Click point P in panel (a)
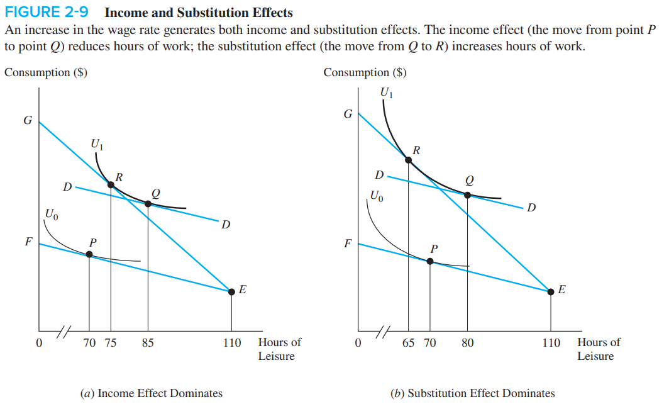click(89, 254)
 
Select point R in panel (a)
click(111, 184)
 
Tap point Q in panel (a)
click(148, 203)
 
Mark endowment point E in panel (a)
click(232, 291)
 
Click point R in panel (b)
click(409, 160)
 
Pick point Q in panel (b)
click(467, 194)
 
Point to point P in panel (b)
click(430, 261)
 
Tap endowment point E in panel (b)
click(551, 291)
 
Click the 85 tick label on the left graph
click(148, 344)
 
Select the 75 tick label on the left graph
click(110, 344)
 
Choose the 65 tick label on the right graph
click(409, 344)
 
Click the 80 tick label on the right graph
click(467, 344)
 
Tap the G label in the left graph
click(27, 121)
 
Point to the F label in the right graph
click(346, 244)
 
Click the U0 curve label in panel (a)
click(52, 214)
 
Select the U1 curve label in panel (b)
click(387, 94)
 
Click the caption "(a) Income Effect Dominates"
click(151, 393)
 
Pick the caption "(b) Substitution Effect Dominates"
click(472, 393)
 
